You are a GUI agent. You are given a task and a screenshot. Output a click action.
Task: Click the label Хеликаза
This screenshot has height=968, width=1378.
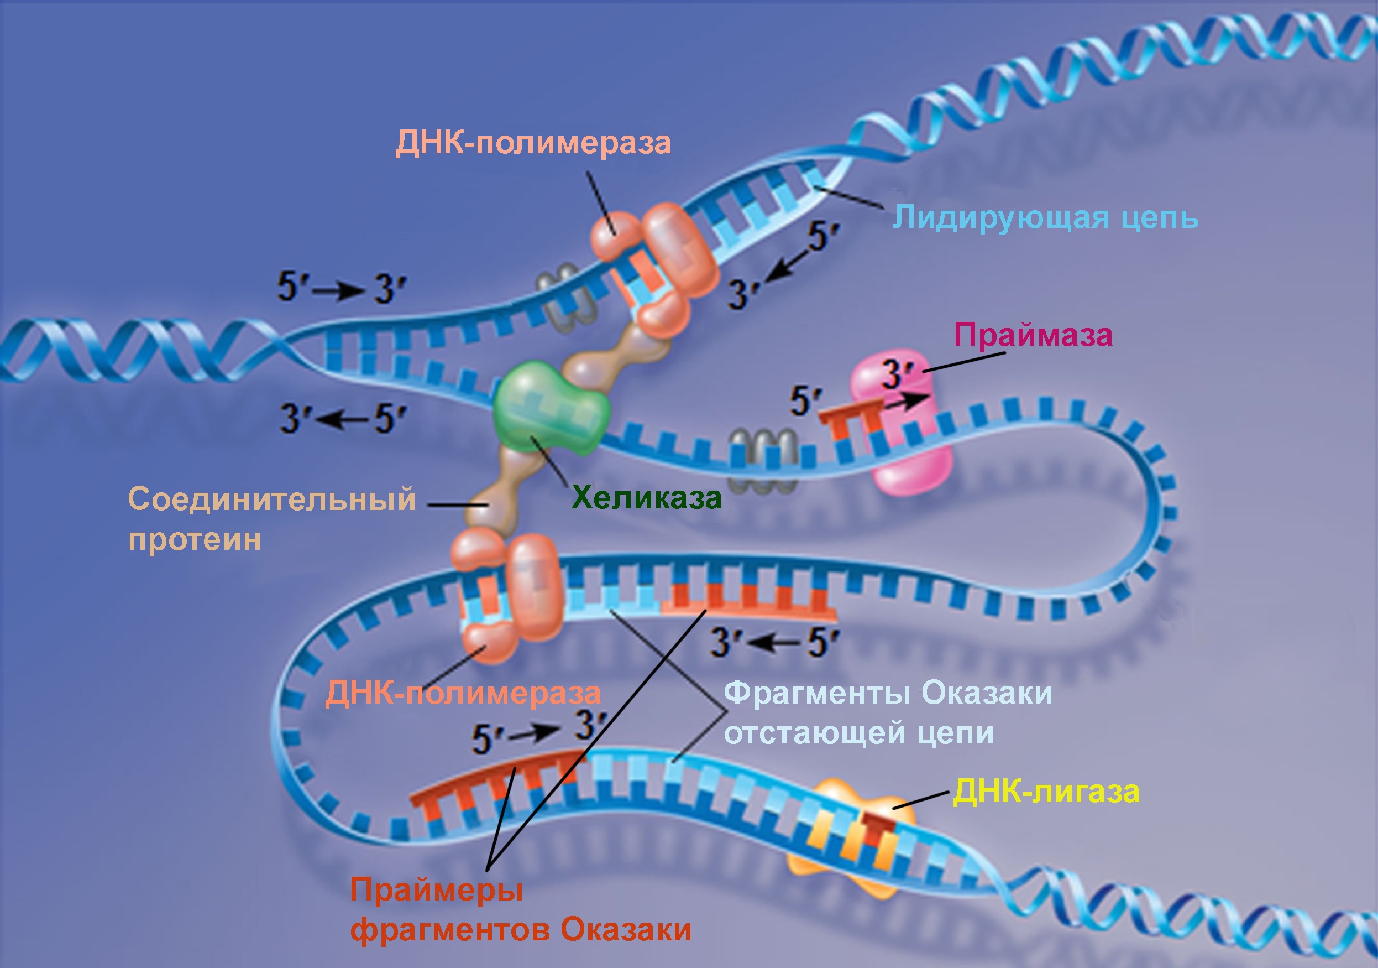[646, 498]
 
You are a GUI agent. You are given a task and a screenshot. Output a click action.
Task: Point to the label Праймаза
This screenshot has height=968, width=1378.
[1033, 335]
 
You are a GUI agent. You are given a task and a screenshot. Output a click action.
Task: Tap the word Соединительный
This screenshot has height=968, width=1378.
[272, 499]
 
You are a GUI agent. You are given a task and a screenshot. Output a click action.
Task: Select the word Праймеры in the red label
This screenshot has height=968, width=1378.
[436, 889]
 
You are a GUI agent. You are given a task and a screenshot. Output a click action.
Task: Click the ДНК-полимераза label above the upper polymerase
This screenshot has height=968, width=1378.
[533, 143]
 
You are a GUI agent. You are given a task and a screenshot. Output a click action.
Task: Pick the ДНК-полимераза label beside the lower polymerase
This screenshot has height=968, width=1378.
[463, 693]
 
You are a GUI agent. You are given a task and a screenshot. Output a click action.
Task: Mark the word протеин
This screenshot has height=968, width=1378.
[195, 539]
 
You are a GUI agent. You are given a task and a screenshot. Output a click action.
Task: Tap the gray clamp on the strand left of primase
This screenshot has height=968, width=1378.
[762, 459]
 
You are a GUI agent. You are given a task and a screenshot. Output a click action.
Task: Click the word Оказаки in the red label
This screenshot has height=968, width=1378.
[625, 930]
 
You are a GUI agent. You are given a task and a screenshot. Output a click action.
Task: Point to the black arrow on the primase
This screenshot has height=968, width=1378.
[907, 401]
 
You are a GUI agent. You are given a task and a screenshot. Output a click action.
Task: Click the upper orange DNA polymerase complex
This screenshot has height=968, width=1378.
[657, 264]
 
